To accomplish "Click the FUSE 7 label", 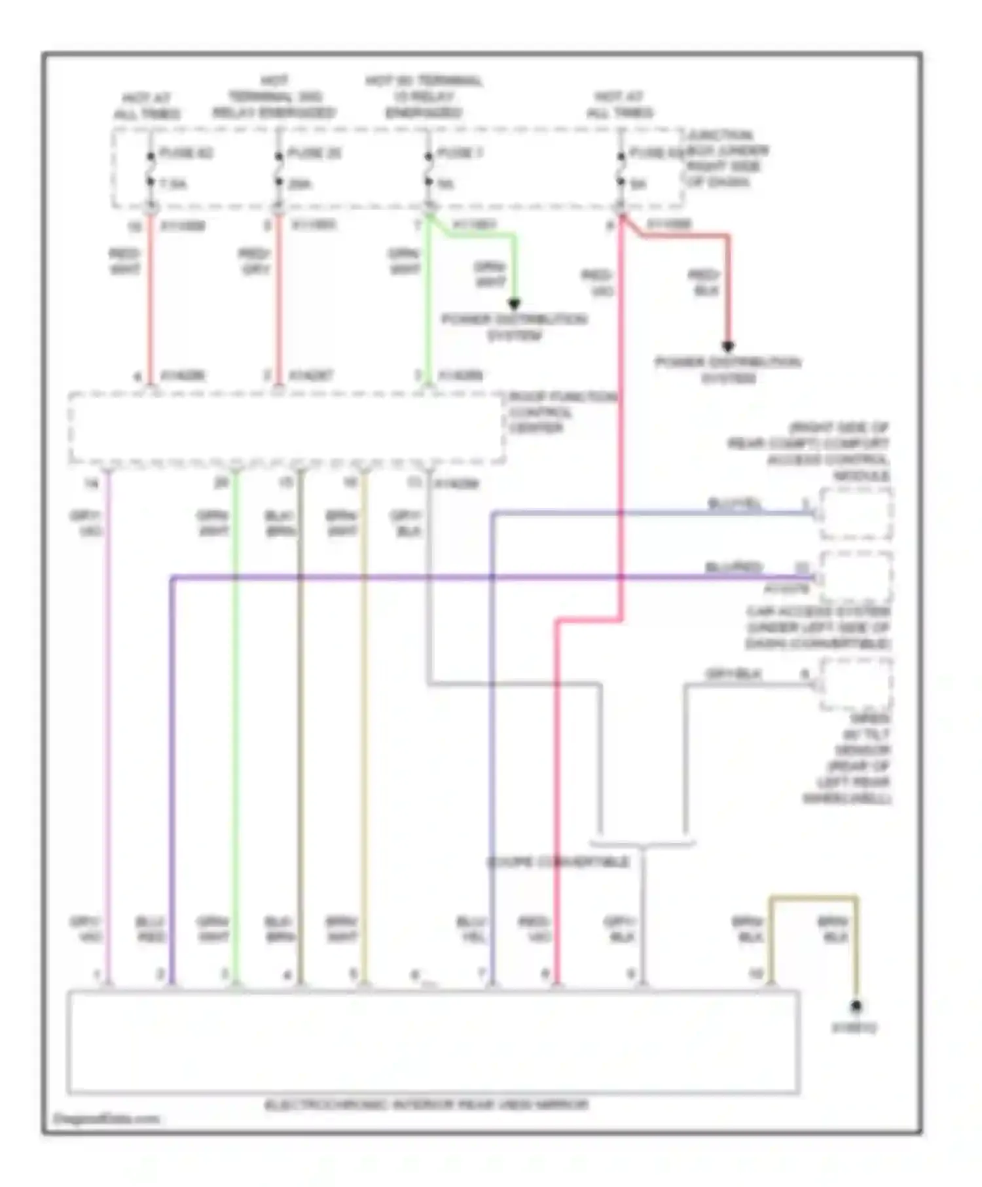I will (460, 153).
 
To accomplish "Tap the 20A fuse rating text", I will (299, 185).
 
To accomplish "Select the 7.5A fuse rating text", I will (173, 185).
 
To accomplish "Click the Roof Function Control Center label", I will (562, 412).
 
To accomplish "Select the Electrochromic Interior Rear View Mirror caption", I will (426, 1105).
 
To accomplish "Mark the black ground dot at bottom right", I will (855, 1006).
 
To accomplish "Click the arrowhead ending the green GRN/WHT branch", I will (514, 304).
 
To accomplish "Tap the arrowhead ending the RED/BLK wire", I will (727, 346).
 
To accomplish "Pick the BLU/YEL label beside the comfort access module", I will (735, 503).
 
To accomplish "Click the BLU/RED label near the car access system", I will (733, 567).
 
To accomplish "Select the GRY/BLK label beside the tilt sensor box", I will (733, 673).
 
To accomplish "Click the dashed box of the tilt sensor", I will (855, 684).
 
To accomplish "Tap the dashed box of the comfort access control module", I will (855, 514).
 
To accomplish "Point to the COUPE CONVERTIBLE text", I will (558, 862).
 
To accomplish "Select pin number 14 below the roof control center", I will (90, 484).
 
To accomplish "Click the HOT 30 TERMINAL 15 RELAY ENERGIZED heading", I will (424, 97).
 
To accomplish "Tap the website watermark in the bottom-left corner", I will (106, 1119).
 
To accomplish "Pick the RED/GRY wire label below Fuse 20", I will (255, 261).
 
